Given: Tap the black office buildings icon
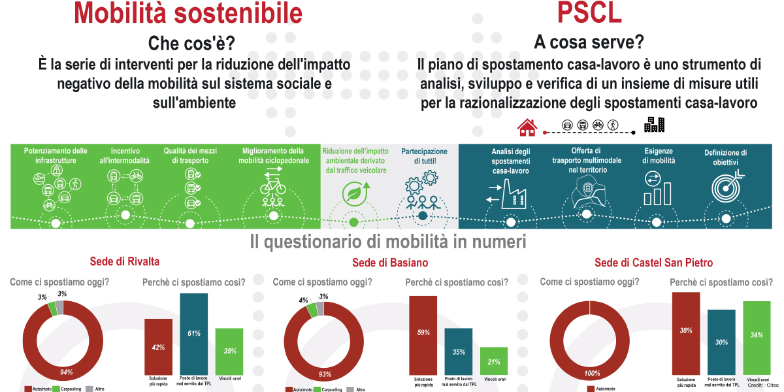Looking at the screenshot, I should (654, 124).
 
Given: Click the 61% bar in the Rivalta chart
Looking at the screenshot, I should (194, 333).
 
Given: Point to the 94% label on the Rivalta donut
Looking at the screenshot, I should (66, 372).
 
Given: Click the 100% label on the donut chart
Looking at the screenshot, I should (591, 373).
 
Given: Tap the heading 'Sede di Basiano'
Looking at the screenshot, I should (390, 263).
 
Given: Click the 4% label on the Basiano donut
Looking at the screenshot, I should (303, 301).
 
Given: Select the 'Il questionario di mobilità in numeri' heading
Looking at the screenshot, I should (388, 242).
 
